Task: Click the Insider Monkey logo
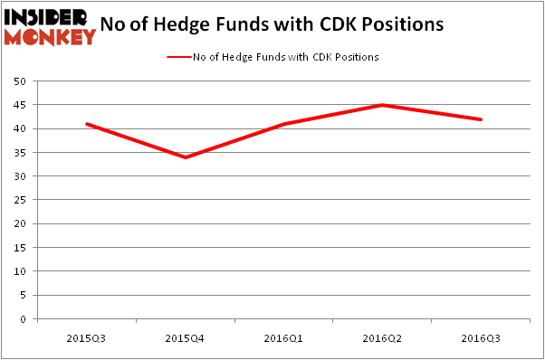click(x=50, y=26)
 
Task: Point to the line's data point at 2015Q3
click(x=87, y=124)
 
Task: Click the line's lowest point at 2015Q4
click(x=186, y=157)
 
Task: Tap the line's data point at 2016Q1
click(x=284, y=124)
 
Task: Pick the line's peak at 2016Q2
click(x=383, y=105)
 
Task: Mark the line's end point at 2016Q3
click(x=481, y=119)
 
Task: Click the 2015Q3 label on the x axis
click(x=87, y=337)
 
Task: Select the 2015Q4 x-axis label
click(x=186, y=337)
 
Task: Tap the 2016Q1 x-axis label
click(x=284, y=337)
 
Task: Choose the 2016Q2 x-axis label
click(x=383, y=337)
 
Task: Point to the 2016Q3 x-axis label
click(x=481, y=337)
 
